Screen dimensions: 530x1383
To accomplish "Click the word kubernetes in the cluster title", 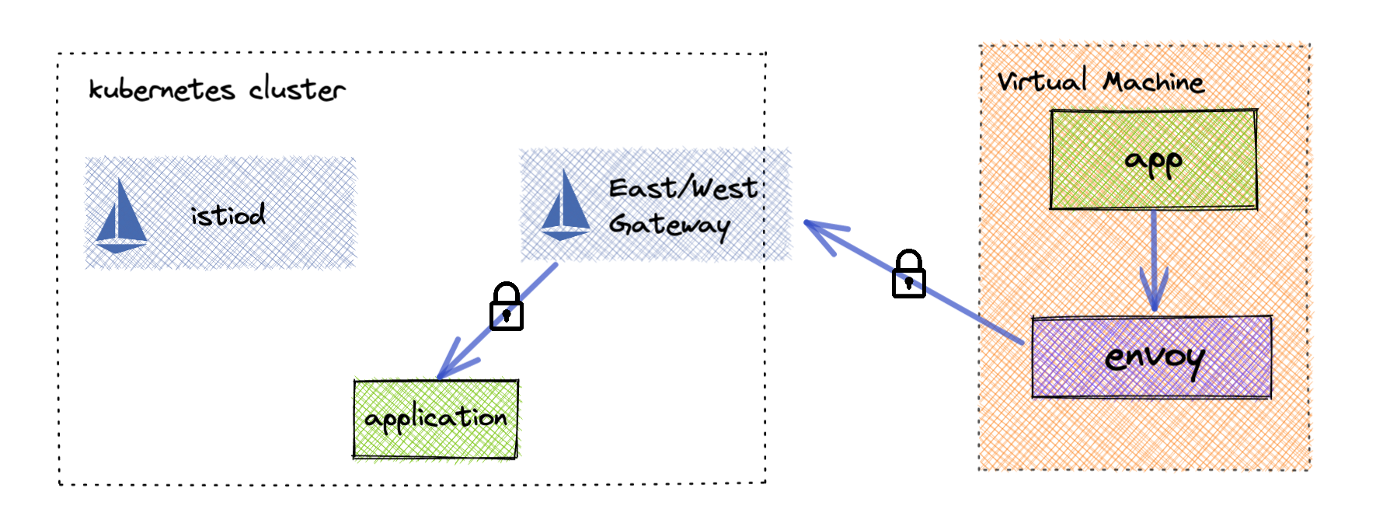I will click(x=162, y=90).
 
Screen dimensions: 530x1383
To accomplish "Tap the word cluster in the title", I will click(x=297, y=90).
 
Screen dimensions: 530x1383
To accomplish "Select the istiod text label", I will click(x=228, y=215).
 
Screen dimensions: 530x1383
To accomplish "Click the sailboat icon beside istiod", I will click(x=120, y=216).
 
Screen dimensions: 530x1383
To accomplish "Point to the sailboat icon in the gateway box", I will click(x=565, y=206).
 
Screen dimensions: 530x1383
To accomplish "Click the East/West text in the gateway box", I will click(x=682, y=188).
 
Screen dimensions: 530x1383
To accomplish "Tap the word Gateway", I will click(x=669, y=225).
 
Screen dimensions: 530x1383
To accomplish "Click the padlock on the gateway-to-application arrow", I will click(x=507, y=307).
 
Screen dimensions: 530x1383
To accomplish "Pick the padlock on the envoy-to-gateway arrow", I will click(x=908, y=274).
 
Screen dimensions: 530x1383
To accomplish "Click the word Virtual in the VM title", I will click(x=1042, y=81).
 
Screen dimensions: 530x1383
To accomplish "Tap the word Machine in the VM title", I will click(x=1154, y=82).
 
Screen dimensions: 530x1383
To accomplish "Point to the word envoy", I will click(x=1154, y=358).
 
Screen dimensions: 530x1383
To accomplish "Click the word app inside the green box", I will click(x=1154, y=162).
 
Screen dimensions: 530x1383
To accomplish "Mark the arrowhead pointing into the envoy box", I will click(x=1154, y=299).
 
